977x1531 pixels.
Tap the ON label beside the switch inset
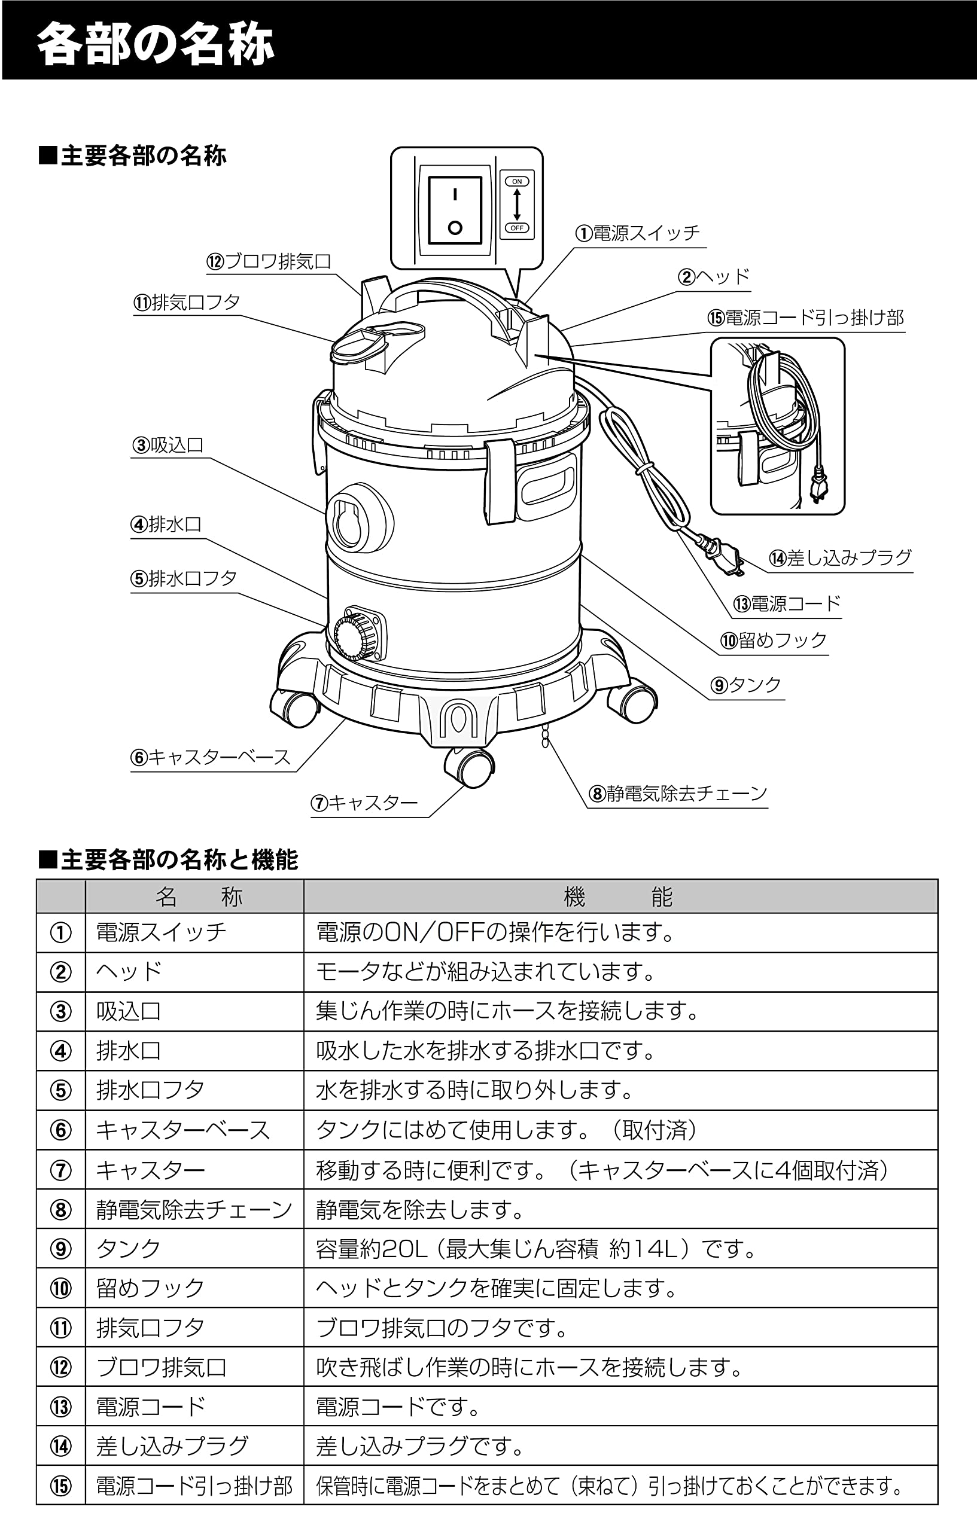[x=516, y=182]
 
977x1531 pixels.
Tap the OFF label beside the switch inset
[x=516, y=228]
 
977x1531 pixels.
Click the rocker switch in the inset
[x=455, y=210]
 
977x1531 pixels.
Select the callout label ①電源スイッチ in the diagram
[x=637, y=233]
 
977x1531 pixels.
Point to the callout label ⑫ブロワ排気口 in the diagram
[x=269, y=261]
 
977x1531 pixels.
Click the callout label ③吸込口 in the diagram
[x=168, y=445]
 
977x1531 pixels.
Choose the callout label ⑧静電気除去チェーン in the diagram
[x=678, y=794]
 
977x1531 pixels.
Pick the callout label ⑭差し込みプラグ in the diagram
[x=840, y=558]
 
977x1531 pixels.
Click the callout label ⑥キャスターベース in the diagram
[x=211, y=757]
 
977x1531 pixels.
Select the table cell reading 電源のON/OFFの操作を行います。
[x=495, y=933]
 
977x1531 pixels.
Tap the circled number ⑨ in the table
[x=61, y=1249]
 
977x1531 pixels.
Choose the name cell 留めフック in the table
[x=150, y=1288]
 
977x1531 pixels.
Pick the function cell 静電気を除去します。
[x=420, y=1209]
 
